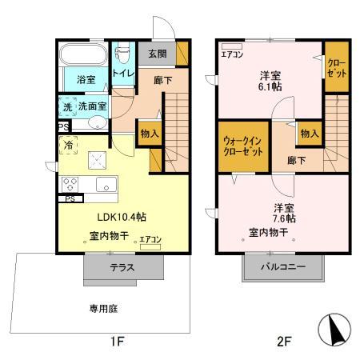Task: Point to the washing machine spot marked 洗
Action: pyautogui.click(x=67, y=104)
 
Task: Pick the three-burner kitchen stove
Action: pyautogui.click(x=69, y=182)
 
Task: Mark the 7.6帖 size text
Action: pyautogui.click(x=284, y=217)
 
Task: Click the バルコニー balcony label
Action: pyautogui.click(x=283, y=267)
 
